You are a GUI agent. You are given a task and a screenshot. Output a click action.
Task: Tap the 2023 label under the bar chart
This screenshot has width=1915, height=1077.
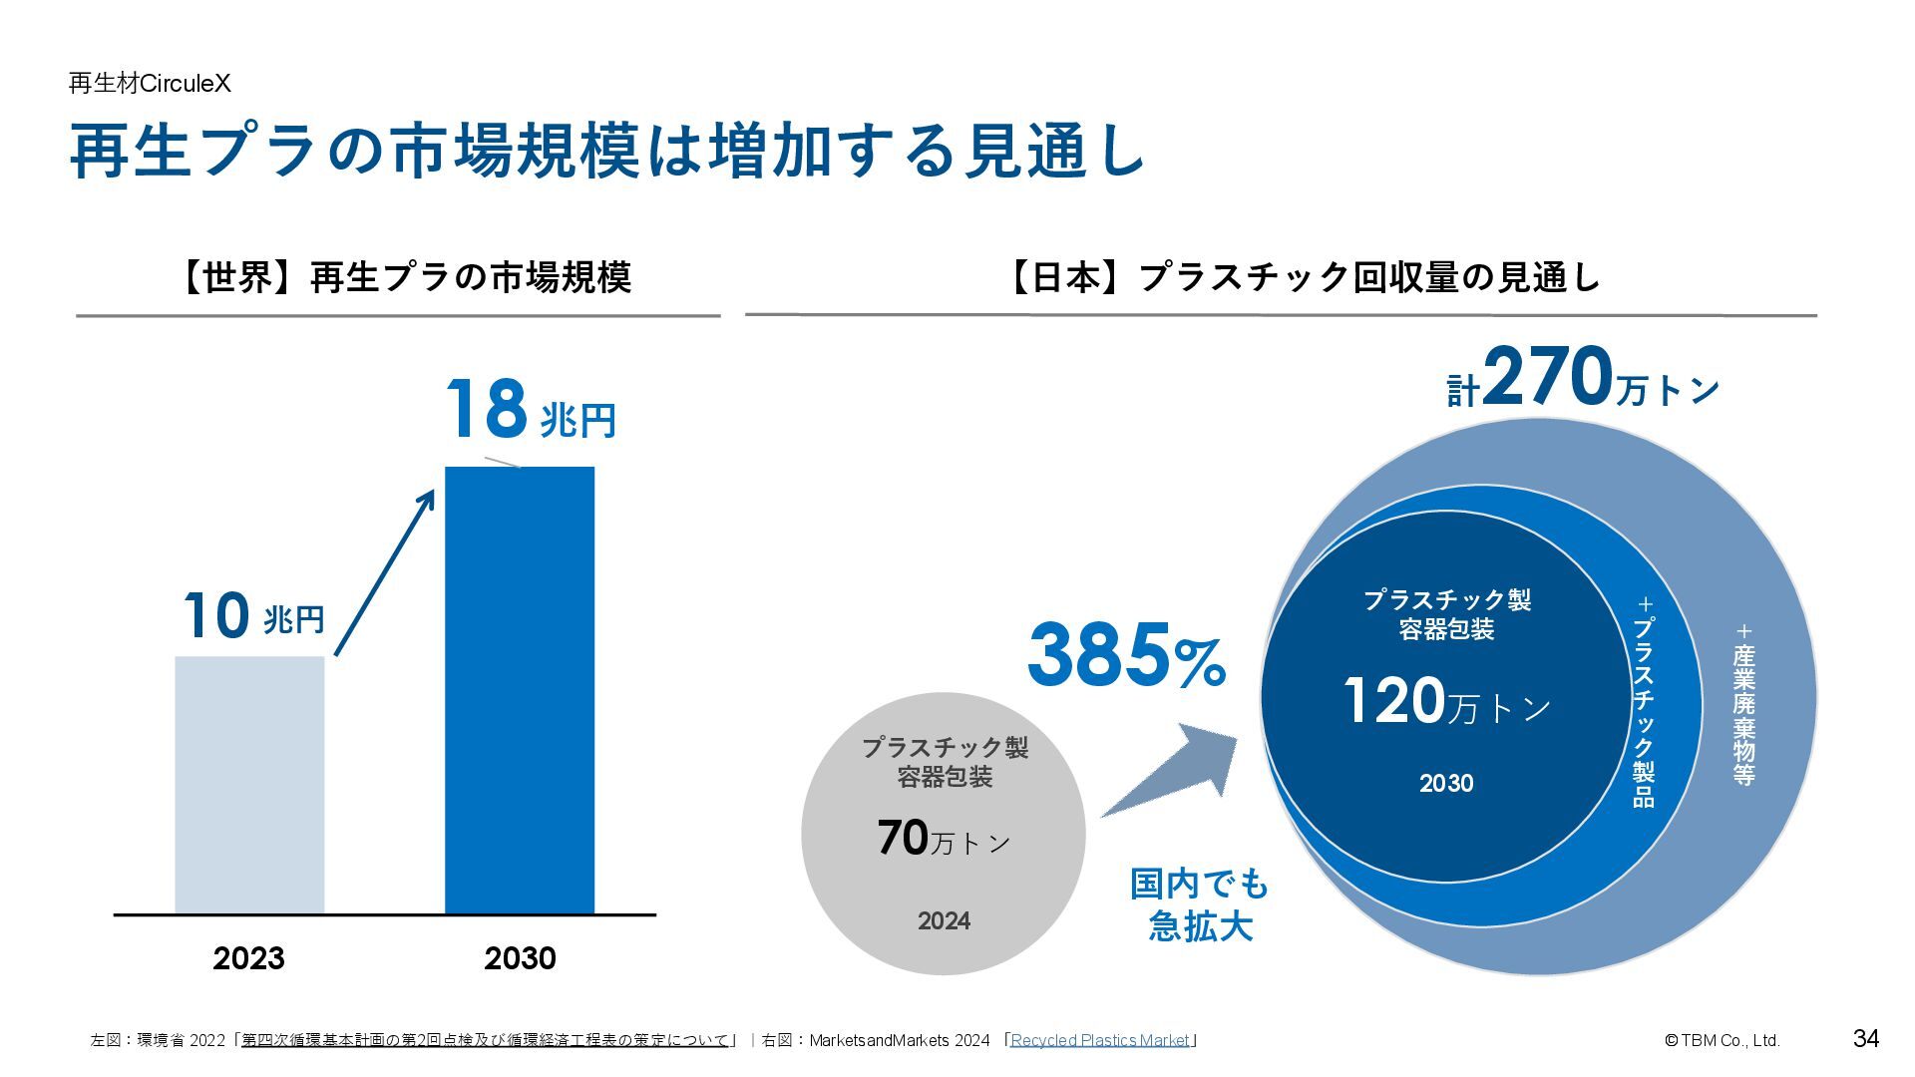[248, 958]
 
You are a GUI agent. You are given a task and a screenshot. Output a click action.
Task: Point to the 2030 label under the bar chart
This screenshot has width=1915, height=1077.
[520, 958]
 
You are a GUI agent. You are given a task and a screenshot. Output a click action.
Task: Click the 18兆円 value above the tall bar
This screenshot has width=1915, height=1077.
[530, 411]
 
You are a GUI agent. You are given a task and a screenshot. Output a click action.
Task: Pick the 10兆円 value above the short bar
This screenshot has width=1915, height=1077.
[254, 616]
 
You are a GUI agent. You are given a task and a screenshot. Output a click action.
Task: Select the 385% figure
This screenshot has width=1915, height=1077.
[1126, 655]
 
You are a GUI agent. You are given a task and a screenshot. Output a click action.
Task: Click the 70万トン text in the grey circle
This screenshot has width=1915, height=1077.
[944, 839]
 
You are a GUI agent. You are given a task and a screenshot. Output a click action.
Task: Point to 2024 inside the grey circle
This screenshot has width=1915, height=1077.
[944, 920]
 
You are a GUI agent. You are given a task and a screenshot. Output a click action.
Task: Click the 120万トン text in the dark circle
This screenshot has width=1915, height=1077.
[1446, 701]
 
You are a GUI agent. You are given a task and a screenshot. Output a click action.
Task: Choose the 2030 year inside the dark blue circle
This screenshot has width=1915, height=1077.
[1446, 784]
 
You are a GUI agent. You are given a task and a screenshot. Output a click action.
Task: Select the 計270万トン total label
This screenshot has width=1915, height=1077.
[1583, 380]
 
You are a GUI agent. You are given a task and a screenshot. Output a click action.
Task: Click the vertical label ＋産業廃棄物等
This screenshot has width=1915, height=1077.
[1743, 704]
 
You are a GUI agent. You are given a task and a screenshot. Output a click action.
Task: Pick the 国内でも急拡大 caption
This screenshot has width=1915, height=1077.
[1200, 904]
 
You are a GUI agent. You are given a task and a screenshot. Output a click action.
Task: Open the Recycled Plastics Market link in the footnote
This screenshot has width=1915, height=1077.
[1100, 1040]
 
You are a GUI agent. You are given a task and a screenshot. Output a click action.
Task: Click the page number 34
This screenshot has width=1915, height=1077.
[1866, 1038]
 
